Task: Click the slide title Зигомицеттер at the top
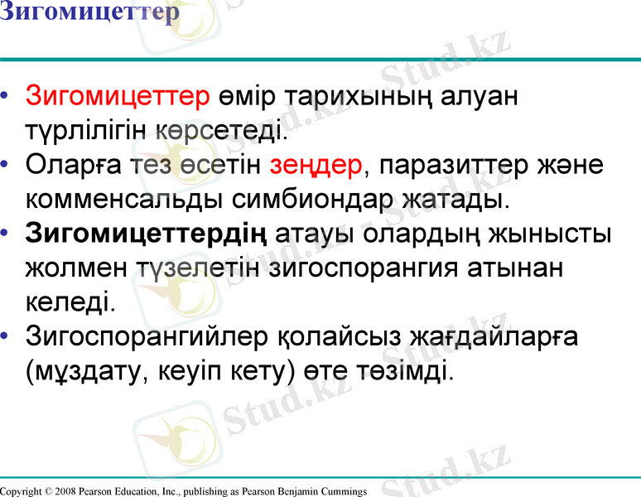[89, 13]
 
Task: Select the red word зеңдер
[316, 165]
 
